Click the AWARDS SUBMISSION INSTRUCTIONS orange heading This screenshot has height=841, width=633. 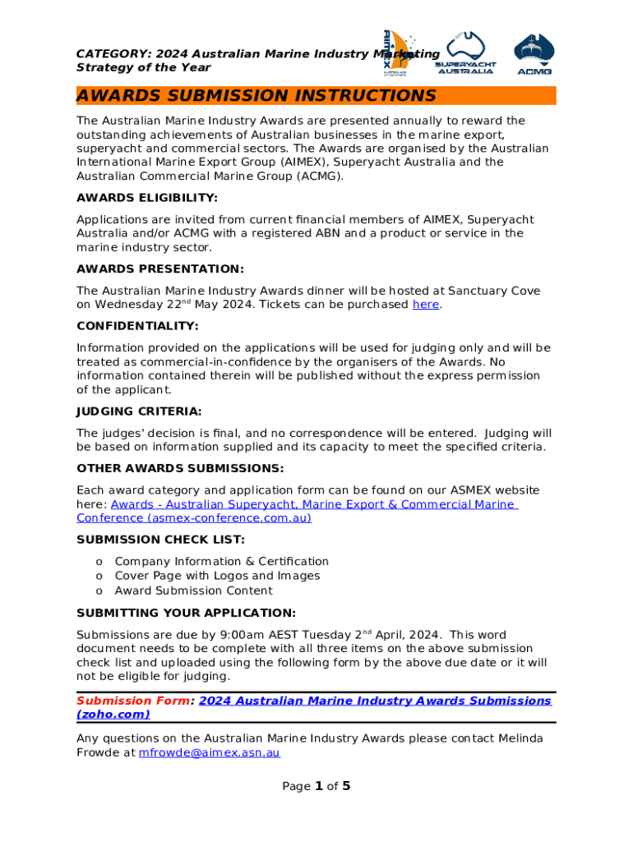pos(256,96)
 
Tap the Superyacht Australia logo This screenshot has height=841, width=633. pos(464,53)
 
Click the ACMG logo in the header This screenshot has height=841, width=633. pos(534,53)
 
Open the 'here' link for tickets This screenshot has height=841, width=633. pos(425,305)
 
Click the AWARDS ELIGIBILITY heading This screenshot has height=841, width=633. pos(147,198)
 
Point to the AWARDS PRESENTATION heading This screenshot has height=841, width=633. pos(159,269)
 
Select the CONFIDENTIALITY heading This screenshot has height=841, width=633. pos(137,326)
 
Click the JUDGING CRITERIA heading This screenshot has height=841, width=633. pos(139,411)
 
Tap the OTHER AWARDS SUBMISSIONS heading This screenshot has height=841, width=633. pos(180,468)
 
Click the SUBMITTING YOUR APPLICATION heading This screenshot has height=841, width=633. pos(186,613)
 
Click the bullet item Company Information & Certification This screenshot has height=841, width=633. pos(221,562)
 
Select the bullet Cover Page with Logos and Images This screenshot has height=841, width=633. pos(217,576)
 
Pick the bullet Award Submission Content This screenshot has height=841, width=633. pos(193,591)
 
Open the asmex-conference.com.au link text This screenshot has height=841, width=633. pos(194,518)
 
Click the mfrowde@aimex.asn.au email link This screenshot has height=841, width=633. pos(209,752)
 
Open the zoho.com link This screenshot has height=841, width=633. pos(113,715)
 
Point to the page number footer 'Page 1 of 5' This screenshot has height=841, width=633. pos(316,787)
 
